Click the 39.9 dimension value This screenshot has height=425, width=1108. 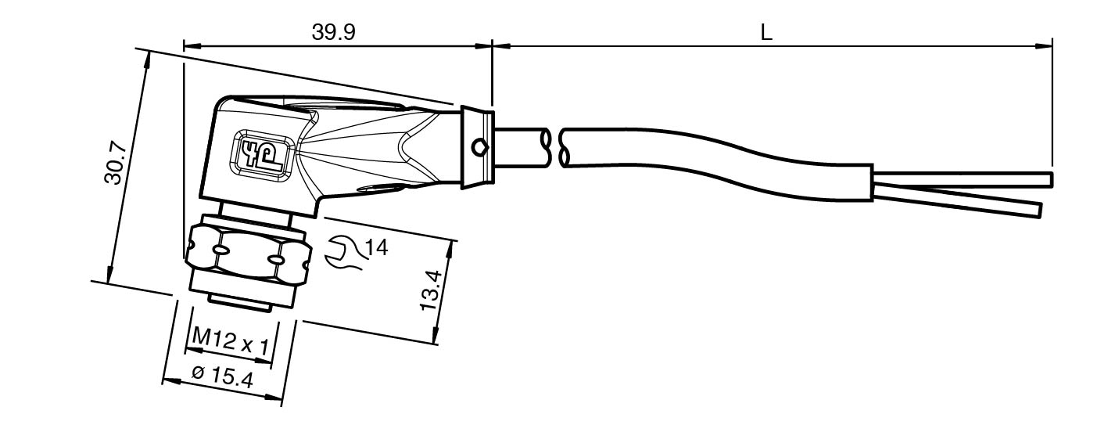pyautogui.click(x=333, y=32)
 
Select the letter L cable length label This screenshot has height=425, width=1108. pyautogui.click(x=766, y=33)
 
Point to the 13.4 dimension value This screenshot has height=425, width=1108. pyautogui.click(x=428, y=290)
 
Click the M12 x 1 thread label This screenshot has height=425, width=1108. pyautogui.click(x=230, y=340)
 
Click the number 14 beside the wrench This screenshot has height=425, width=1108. pyautogui.click(x=376, y=247)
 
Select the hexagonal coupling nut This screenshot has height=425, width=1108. pyautogui.click(x=248, y=254)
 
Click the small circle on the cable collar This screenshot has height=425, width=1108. pyautogui.click(x=479, y=148)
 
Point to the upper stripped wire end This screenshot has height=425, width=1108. pyautogui.click(x=962, y=180)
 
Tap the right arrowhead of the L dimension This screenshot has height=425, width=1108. pyautogui.click(x=1043, y=47)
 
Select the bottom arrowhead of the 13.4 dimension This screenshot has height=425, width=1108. pyautogui.click(x=436, y=333)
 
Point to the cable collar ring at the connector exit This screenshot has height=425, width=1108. pyautogui.click(x=477, y=147)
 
